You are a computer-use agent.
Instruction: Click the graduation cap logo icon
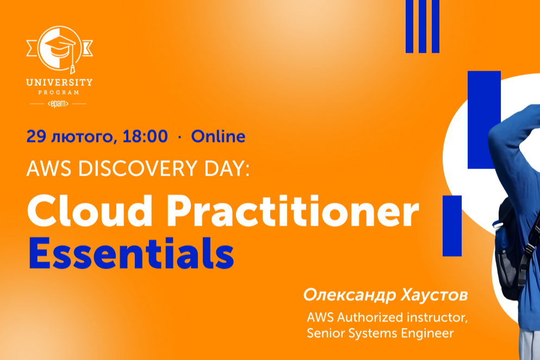(59, 48)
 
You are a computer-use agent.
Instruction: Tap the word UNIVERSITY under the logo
(59, 83)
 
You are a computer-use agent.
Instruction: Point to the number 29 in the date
(35, 136)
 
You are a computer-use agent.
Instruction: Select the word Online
(218, 136)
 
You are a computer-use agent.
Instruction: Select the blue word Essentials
(131, 253)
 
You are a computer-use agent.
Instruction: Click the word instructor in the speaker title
(436, 317)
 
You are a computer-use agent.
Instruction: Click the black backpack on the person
(508, 250)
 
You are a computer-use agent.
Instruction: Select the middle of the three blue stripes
(423, 26)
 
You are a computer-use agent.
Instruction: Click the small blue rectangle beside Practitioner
(452, 225)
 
